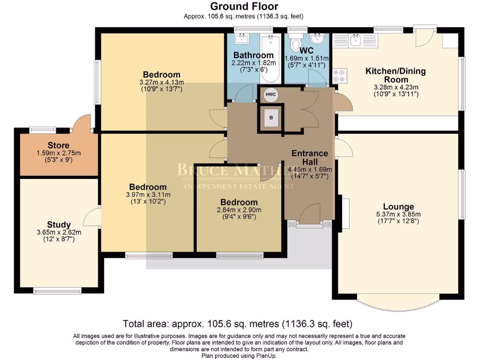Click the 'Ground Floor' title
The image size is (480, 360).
pyautogui.click(x=244, y=6)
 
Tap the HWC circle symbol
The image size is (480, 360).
pyautogui.click(x=270, y=94)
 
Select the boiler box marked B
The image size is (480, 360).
pyautogui.click(x=271, y=118)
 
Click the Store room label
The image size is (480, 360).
pyautogui.click(x=59, y=145)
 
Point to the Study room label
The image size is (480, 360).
pyautogui.click(x=59, y=225)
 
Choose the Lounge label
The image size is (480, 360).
pyautogui.click(x=398, y=207)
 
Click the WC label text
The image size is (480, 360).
pyautogui.click(x=307, y=50)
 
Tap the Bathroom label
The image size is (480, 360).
pyautogui.click(x=254, y=55)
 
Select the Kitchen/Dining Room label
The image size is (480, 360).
pyautogui.click(x=396, y=75)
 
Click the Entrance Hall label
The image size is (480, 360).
pyautogui.click(x=310, y=157)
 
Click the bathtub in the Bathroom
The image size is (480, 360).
pyautogui.click(x=270, y=59)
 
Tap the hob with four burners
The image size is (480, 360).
pyautogui.click(x=339, y=75)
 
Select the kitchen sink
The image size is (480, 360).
pyautogui.click(x=355, y=40)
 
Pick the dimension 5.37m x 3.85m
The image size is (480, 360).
pyautogui.click(x=398, y=214)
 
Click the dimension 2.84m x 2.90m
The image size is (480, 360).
pyautogui.click(x=239, y=210)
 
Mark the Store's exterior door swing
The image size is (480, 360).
pyautogui.click(x=82, y=122)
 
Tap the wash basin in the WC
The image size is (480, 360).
pyautogui.click(x=317, y=39)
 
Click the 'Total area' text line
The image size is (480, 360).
pyautogui.click(x=238, y=323)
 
